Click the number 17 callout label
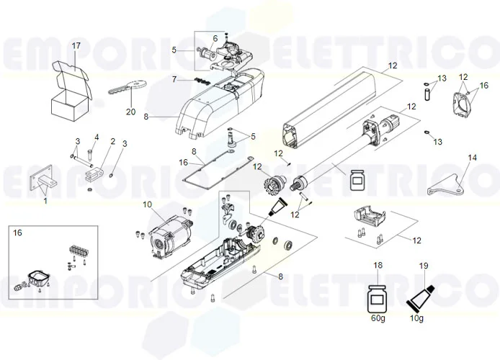[x=76, y=46]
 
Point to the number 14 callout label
[x=473, y=156]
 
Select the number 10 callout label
[x=148, y=204]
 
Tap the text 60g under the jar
[x=378, y=319]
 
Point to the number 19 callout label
[x=424, y=266]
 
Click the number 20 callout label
[x=130, y=111]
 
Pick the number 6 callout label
[x=214, y=38]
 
